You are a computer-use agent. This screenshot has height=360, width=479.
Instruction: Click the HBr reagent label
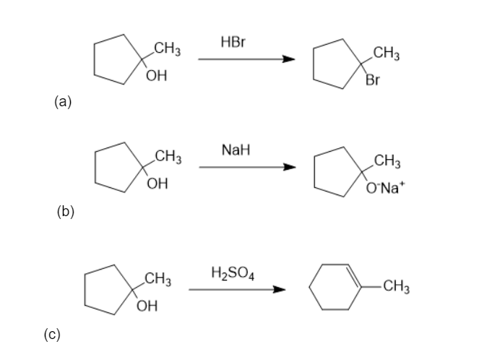(233, 42)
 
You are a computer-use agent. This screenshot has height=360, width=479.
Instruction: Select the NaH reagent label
(236, 150)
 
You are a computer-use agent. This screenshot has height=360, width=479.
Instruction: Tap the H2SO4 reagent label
(233, 273)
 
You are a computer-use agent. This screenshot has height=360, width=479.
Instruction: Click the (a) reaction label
(63, 101)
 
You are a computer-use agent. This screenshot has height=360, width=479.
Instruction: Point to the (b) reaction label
(65, 212)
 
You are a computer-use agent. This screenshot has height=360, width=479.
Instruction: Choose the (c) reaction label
(52, 334)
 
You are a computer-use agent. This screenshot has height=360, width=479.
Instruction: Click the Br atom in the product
(373, 80)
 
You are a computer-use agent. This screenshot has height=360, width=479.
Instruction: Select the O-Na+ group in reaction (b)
(385, 187)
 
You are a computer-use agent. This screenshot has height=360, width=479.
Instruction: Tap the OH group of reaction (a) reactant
(156, 75)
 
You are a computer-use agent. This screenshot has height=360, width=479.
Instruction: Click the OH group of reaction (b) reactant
(157, 184)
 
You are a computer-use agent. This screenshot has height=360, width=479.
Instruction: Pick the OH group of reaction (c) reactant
(147, 306)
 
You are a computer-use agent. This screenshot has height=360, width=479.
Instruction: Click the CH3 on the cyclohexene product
(396, 286)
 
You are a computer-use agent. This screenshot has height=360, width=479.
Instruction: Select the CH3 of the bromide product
(386, 53)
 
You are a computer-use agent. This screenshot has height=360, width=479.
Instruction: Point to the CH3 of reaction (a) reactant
(168, 48)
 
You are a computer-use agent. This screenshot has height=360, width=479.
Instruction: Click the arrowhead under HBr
(289, 59)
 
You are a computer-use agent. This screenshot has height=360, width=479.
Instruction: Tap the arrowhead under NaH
(290, 167)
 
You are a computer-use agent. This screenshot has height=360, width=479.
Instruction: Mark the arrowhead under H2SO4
(279, 289)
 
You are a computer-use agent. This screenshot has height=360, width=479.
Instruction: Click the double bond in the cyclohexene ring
(354, 275)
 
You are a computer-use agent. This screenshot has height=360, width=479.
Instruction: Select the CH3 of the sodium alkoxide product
(387, 161)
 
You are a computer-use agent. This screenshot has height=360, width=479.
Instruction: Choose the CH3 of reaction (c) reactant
(157, 279)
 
